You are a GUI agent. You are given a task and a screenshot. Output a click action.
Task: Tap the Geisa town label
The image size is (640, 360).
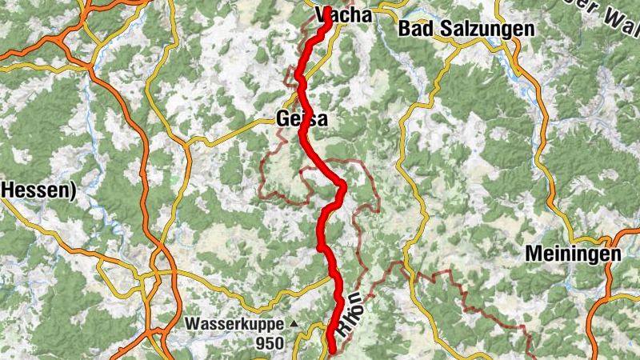[x=301, y=119]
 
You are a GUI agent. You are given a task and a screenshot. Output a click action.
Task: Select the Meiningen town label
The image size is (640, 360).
[x=573, y=254]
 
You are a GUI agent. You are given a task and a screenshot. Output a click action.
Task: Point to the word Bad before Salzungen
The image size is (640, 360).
[x=414, y=30]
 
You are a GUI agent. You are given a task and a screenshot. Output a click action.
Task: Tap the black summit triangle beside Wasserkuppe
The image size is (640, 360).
[x=294, y=324]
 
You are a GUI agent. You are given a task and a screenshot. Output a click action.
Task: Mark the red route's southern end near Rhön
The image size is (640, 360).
[x=332, y=350]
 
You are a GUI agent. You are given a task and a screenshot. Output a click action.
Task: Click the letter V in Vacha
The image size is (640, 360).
[x=322, y=14]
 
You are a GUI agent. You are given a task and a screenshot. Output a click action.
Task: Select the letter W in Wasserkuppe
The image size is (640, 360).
[x=194, y=324]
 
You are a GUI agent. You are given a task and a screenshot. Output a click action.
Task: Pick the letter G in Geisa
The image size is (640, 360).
[x=282, y=119]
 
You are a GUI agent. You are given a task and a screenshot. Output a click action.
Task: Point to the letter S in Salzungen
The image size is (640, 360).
[x=438, y=30]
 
